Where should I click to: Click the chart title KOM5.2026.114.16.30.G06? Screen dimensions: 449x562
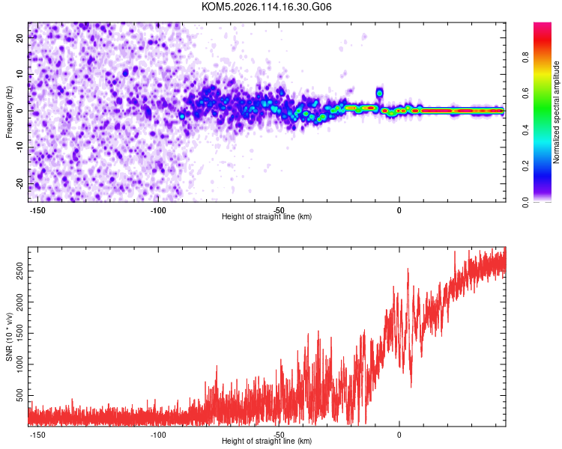coord(267,7)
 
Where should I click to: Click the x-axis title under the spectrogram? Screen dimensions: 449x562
coord(267,217)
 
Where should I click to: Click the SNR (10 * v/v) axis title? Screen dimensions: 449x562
coord(9,336)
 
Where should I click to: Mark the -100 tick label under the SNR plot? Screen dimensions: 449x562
coord(158,434)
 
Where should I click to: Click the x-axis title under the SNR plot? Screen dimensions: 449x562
coord(267,442)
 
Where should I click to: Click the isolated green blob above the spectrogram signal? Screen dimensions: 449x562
coord(379,94)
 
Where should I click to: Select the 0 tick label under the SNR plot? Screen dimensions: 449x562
coord(399,434)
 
